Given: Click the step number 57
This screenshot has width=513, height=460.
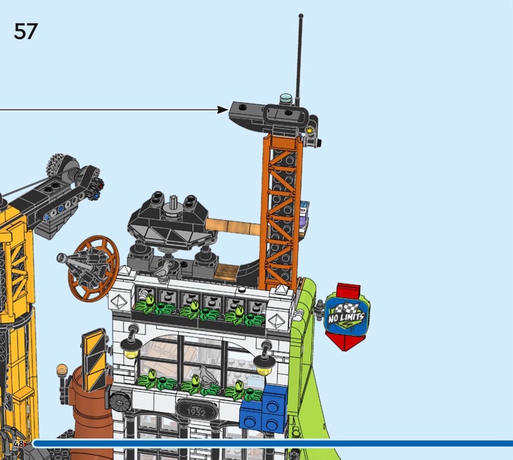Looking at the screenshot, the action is point(26,31).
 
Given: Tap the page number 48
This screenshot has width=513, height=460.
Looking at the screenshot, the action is point(19,443).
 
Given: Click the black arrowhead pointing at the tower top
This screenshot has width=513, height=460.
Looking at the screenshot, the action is point(223,110).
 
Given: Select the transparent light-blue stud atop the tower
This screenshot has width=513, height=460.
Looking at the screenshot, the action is point(285,98).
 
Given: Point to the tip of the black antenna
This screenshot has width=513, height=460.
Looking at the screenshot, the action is point(301,15).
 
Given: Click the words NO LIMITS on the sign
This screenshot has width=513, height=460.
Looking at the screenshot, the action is point(346,316).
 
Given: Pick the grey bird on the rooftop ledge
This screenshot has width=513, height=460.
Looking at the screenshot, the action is point(162,270).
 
